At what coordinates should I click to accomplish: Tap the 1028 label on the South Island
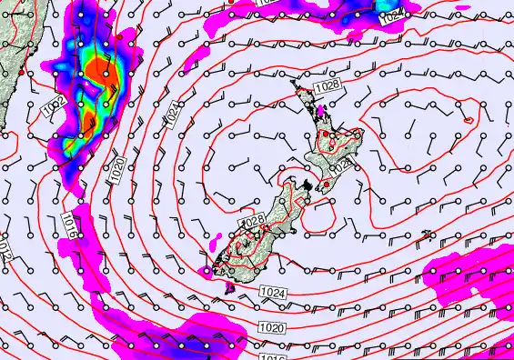tap(252, 221)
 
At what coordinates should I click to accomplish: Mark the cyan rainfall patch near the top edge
tap(390, 8)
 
